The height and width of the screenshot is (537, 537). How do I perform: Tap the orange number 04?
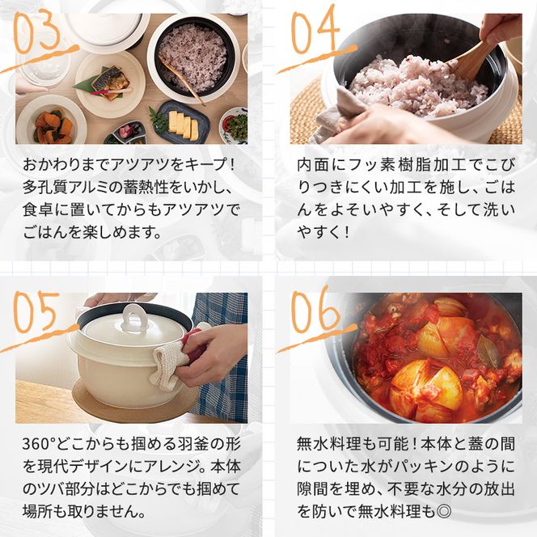(x=313, y=34)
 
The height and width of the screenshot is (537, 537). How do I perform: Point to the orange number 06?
(x=315, y=312)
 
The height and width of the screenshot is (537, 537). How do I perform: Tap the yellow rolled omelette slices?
(x=183, y=122)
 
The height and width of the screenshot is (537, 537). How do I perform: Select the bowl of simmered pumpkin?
(x=50, y=125)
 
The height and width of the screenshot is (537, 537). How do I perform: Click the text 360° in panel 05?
(x=41, y=446)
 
